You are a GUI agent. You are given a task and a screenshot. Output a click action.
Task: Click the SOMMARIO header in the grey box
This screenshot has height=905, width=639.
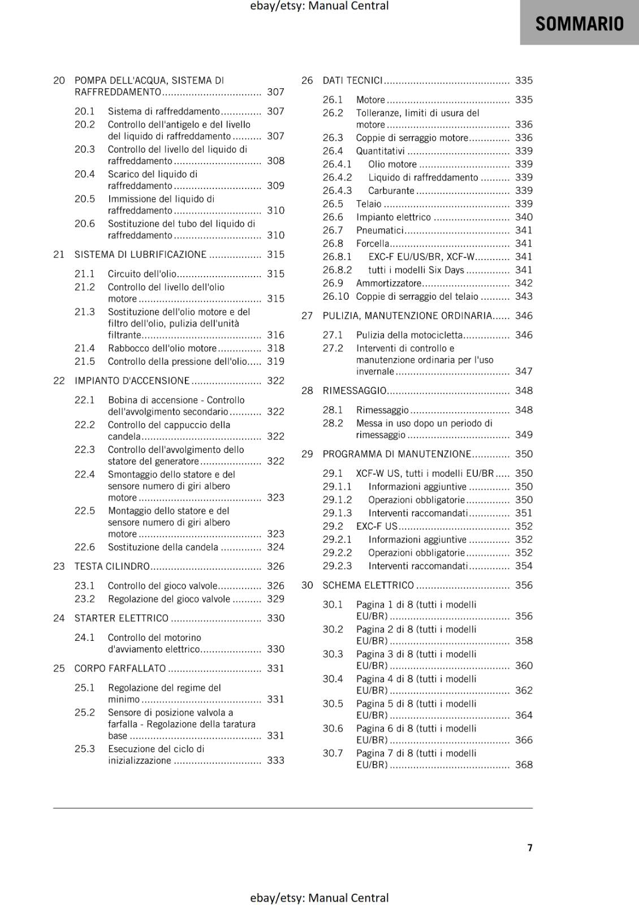coord(579,24)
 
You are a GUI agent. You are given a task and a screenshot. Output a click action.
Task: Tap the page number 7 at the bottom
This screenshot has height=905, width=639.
coord(530,847)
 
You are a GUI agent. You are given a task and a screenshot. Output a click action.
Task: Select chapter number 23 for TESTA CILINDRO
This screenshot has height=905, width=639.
coord(59,566)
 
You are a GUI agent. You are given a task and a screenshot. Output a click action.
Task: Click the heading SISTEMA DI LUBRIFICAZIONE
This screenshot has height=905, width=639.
coord(140,255)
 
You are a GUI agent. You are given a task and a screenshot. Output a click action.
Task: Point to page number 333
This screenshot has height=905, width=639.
coord(275,760)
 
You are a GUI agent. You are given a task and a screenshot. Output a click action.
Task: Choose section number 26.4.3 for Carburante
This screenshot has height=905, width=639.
coord(337,191)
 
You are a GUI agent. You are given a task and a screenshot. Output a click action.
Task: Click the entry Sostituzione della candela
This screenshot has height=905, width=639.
coord(163,547)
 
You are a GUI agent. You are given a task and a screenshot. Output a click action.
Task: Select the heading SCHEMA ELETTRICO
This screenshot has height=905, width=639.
coord(368,585)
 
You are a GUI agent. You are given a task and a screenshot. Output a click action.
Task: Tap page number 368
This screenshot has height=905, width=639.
coord(524,765)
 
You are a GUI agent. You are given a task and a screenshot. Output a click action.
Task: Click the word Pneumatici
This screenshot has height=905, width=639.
coord(379,230)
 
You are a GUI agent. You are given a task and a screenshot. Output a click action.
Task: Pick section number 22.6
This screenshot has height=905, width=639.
coord(85,547)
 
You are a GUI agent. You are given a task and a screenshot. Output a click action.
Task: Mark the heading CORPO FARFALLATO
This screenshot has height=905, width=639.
coord(120,669)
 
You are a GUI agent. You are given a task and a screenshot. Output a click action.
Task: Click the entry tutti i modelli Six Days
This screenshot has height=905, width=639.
coord(416,270)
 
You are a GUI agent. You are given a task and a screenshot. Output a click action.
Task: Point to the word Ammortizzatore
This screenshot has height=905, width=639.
coord(388,283)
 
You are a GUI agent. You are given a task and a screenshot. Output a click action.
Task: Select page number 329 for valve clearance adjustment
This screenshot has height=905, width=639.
coord(275,599)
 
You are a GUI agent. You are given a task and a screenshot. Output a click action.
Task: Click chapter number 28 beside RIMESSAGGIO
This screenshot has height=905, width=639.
coord(307,391)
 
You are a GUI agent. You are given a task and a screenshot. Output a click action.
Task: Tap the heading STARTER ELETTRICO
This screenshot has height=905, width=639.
coord(121,618)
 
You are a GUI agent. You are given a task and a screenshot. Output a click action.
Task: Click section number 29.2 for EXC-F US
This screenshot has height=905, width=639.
coord(333,526)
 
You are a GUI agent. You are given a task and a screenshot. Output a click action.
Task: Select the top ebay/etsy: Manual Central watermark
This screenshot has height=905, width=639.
coord(319,6)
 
